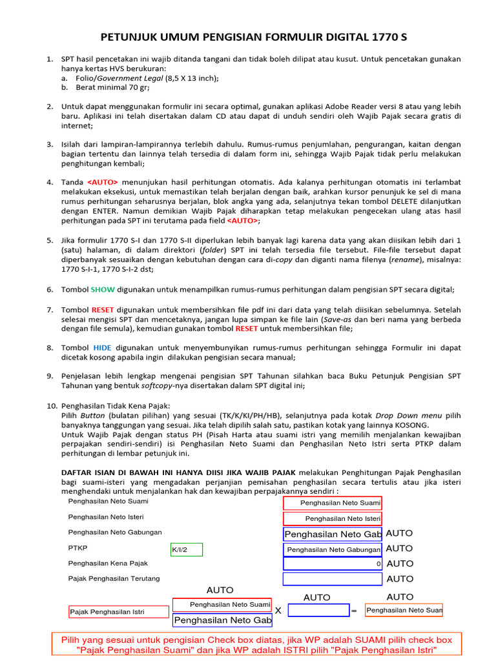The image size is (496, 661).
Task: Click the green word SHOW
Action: pyautogui.click(x=103, y=289)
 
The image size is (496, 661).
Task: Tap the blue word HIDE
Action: pyautogui.click(x=102, y=347)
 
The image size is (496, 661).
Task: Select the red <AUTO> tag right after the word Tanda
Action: pyautogui.click(x=103, y=182)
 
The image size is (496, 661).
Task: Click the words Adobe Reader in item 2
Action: pyautogui.click(x=347, y=106)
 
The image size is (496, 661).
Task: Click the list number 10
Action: pyautogui.click(x=52, y=405)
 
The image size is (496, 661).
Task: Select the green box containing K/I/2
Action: pyautogui.click(x=187, y=550)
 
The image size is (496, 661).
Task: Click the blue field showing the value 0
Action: pyautogui.click(x=333, y=564)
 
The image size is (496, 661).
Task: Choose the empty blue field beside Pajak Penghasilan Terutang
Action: pyautogui.click(x=333, y=579)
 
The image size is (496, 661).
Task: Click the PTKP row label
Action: pyautogui.click(x=77, y=548)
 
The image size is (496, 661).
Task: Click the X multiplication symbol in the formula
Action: pyautogui.click(x=278, y=611)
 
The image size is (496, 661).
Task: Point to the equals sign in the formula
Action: pyautogui.click(x=354, y=611)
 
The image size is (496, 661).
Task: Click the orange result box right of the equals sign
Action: pyautogui.click(x=404, y=610)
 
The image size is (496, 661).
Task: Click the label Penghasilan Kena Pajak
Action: pyautogui.click(x=108, y=563)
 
